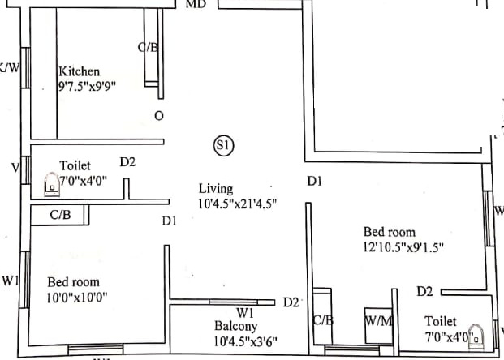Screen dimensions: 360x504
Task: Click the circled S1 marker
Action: point(223,145)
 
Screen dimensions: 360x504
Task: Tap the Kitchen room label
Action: point(80,72)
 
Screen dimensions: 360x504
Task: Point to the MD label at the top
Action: point(196,4)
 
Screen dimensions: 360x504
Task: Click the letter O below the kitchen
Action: point(158,116)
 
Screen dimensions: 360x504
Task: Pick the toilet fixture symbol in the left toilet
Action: point(50,184)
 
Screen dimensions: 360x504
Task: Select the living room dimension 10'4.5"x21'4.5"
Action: point(238,204)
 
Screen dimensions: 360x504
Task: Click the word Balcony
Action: point(236,326)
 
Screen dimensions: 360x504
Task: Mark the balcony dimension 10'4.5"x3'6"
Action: point(243,341)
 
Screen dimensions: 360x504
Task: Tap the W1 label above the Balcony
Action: point(246,312)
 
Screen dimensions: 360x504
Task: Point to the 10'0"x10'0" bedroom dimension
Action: point(77,297)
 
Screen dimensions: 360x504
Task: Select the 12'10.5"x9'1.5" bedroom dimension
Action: point(403,246)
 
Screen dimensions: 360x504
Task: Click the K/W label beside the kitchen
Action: point(9,67)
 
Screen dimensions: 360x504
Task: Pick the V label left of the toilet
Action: point(15,168)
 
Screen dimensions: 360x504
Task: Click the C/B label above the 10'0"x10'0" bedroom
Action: point(60,216)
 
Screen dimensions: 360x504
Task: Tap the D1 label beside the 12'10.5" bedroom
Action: point(315,182)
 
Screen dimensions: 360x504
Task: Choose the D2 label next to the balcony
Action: point(291,302)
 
